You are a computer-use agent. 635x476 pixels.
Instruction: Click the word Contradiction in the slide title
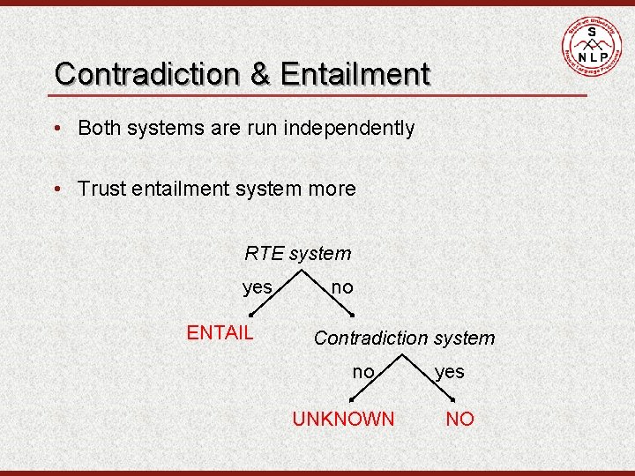146,73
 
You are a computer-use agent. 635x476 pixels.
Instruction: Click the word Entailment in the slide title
355,73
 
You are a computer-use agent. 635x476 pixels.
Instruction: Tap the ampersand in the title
260,73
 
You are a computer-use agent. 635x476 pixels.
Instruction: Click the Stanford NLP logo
591,44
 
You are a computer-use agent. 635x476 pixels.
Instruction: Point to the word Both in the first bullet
100,128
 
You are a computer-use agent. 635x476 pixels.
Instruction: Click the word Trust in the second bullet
101,189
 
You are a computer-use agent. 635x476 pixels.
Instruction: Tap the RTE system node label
297,254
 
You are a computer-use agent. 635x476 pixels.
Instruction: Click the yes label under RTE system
258,286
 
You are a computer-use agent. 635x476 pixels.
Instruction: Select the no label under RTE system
341,286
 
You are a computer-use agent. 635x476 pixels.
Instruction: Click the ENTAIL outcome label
220,332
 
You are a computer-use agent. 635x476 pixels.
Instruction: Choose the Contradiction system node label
404,338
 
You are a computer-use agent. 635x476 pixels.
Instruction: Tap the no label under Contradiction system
362,372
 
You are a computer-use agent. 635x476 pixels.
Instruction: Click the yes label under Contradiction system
449,372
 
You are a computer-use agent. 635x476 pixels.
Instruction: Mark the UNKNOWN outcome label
343,419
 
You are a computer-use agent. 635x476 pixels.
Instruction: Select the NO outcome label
459,419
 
